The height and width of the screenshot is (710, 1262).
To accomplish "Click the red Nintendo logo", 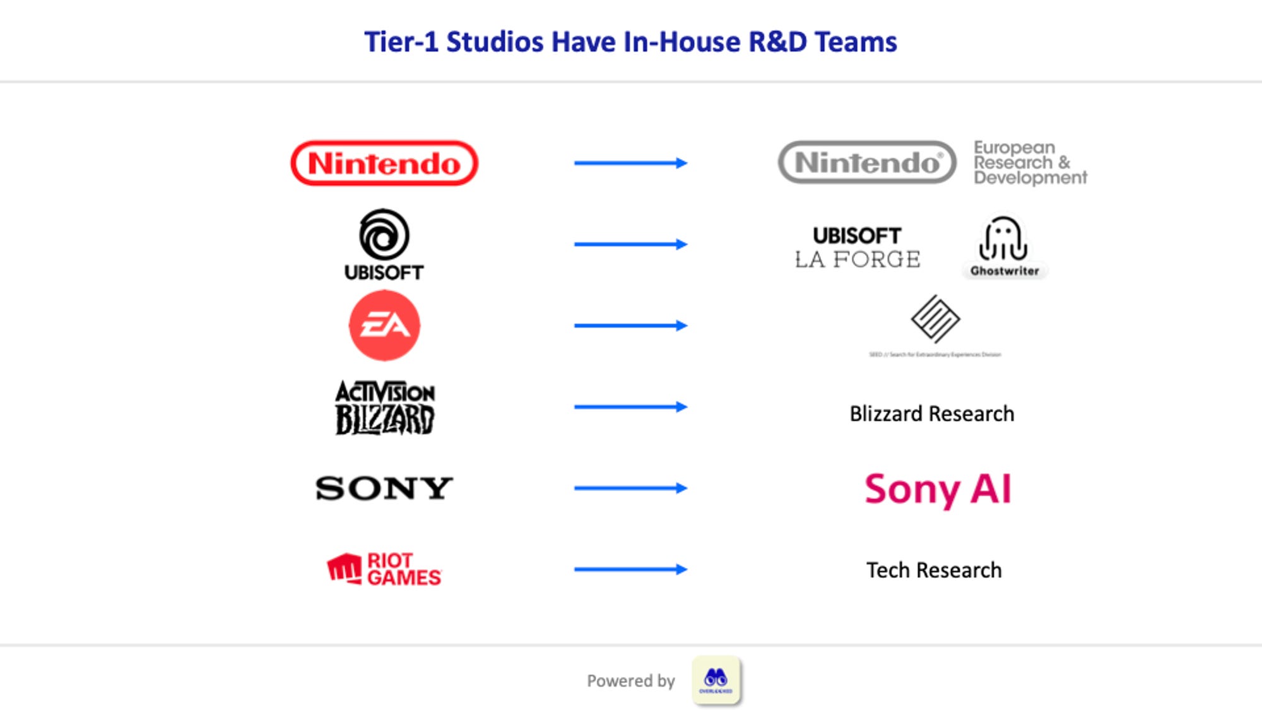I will click(x=384, y=163).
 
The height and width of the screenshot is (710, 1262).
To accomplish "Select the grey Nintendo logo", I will click(x=867, y=162).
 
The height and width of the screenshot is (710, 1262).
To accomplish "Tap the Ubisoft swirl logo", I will click(x=384, y=234).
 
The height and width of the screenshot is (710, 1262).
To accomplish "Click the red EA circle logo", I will click(x=384, y=325).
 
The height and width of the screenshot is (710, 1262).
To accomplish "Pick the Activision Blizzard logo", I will click(x=384, y=407).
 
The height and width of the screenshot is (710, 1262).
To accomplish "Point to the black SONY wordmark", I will click(x=384, y=488).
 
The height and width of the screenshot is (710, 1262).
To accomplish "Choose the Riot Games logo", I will click(x=384, y=569).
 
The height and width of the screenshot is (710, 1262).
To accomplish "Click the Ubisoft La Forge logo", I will click(x=857, y=247).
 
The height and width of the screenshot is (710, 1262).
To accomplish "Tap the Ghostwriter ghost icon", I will click(x=1003, y=239).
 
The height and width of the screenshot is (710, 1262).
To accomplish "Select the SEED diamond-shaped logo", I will click(x=935, y=319).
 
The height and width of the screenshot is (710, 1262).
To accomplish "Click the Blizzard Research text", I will click(x=931, y=414).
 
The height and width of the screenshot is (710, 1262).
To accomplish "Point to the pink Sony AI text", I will click(x=938, y=489).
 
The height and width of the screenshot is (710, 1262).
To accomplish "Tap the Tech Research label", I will click(x=934, y=571).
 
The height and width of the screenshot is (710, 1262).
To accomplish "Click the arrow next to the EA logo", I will click(x=630, y=326).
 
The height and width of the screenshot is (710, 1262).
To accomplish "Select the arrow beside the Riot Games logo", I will click(x=630, y=569).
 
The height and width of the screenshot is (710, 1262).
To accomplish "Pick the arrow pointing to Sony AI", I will click(x=630, y=488).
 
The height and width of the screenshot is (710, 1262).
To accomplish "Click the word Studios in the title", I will click(x=495, y=42).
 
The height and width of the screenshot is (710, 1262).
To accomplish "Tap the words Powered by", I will click(x=630, y=681).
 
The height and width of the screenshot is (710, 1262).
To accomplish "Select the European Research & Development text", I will click(x=1030, y=163).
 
